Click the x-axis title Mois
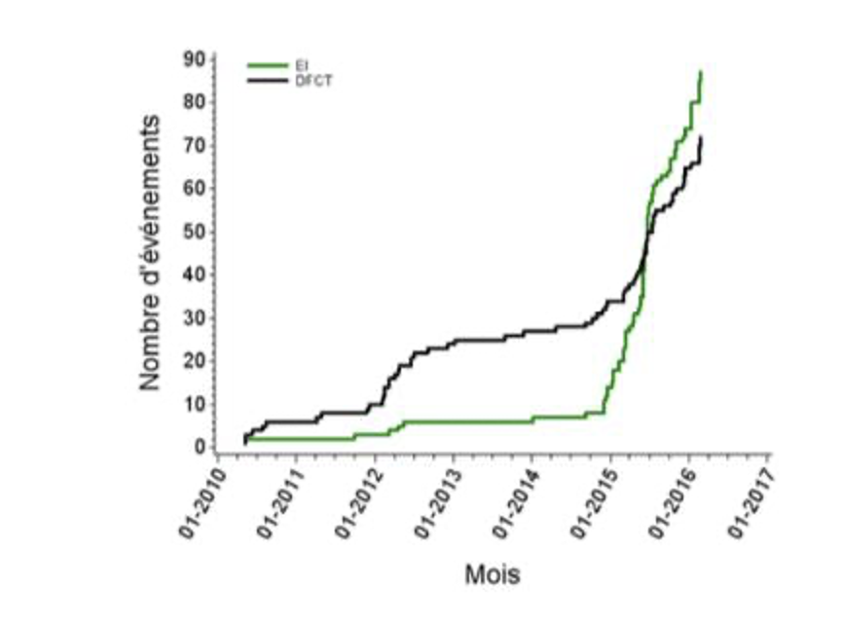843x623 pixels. [x=492, y=574]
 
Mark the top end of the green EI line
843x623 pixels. [x=701, y=72]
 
